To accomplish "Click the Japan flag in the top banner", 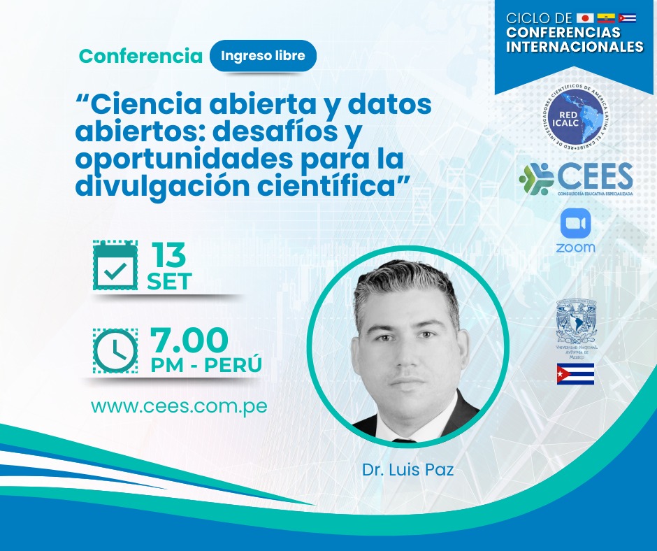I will pyautogui.click(x=585, y=17).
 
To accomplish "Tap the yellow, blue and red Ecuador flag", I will pyautogui.click(x=606, y=17).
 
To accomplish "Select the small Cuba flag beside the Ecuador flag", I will pyautogui.click(x=627, y=17).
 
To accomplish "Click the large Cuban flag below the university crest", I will pyautogui.click(x=575, y=374).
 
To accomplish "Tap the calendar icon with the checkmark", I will pyautogui.click(x=116, y=265).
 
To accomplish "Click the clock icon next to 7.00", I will pyautogui.click(x=116, y=350).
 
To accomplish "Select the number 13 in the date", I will pyautogui.click(x=169, y=255).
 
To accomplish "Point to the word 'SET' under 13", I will pyautogui.click(x=169, y=281).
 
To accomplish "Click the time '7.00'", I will pyautogui.click(x=189, y=341).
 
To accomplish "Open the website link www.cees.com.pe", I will pyautogui.click(x=180, y=406).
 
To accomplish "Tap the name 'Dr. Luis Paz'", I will pyautogui.click(x=407, y=469).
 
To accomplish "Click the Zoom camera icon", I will pyautogui.click(x=575, y=224).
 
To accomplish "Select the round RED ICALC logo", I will pyautogui.click(x=575, y=118).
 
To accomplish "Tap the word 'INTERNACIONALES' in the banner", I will pyautogui.click(x=575, y=48).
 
